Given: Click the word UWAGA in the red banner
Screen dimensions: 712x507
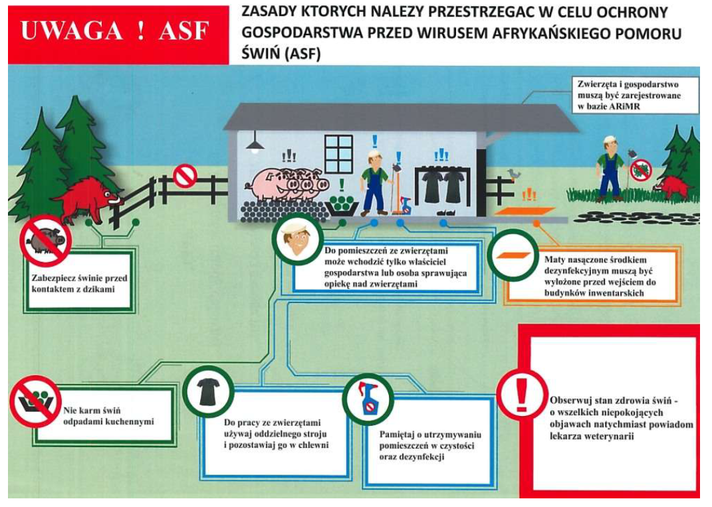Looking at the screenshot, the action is tap(72, 31).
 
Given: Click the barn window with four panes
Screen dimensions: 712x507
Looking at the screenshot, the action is tap(339, 154).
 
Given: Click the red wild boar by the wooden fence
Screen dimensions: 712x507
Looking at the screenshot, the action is tap(88, 199).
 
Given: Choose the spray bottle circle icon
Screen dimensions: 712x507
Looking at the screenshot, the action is tap(368, 399).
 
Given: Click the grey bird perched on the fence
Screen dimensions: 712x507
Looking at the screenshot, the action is tap(513, 174).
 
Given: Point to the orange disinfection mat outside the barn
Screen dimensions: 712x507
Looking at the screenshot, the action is tap(525, 211).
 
